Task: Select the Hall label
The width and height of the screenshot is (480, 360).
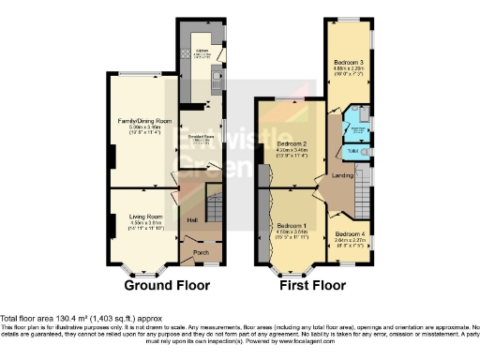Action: (190, 220)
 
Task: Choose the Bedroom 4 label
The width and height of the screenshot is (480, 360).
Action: (349, 233)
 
